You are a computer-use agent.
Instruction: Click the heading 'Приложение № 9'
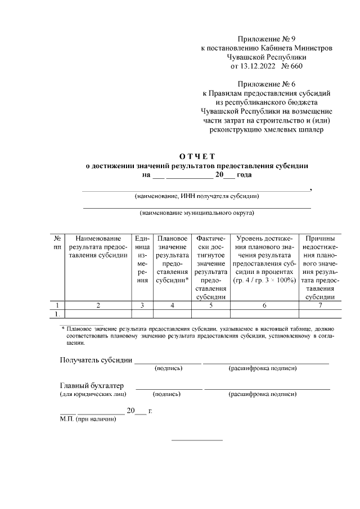click(267, 39)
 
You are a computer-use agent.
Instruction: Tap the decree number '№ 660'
click(292, 66)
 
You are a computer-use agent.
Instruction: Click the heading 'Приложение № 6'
click(267, 84)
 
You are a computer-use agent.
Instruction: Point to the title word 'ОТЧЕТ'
click(197, 156)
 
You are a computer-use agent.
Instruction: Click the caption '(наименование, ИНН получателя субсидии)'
click(197, 196)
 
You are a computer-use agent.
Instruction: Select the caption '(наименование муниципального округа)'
click(197, 213)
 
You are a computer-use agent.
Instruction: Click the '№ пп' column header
click(57, 242)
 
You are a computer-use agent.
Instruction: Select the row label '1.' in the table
click(57, 313)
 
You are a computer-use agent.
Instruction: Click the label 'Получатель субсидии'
click(96, 360)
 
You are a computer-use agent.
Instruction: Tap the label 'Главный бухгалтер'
click(92, 385)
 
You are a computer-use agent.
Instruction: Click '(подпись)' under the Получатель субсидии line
click(168, 368)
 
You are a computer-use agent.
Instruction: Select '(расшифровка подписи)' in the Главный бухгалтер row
click(263, 394)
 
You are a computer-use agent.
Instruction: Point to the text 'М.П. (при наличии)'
click(88, 419)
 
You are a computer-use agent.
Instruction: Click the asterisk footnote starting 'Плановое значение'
click(197, 334)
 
